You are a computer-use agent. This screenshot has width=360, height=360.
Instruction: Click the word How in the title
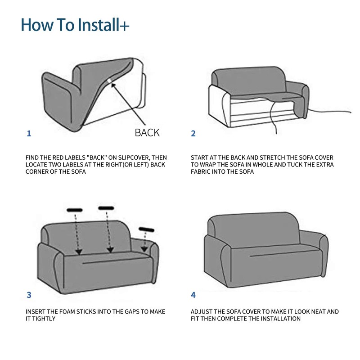point(37,25)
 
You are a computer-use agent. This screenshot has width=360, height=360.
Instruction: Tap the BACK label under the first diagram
point(147,133)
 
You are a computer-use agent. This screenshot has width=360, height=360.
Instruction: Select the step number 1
point(29,133)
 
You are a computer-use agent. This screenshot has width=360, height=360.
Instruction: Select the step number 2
point(193,133)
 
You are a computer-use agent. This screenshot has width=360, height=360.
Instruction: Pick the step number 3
point(29,295)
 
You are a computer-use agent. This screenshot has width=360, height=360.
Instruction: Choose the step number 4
point(193,295)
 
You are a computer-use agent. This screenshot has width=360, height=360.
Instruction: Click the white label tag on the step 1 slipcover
point(109,81)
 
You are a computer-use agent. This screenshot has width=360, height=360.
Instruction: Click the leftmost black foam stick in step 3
point(75,210)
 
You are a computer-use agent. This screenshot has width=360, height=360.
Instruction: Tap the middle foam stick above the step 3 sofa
point(106,208)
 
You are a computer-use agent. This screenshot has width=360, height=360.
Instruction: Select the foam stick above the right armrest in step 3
point(147,229)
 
